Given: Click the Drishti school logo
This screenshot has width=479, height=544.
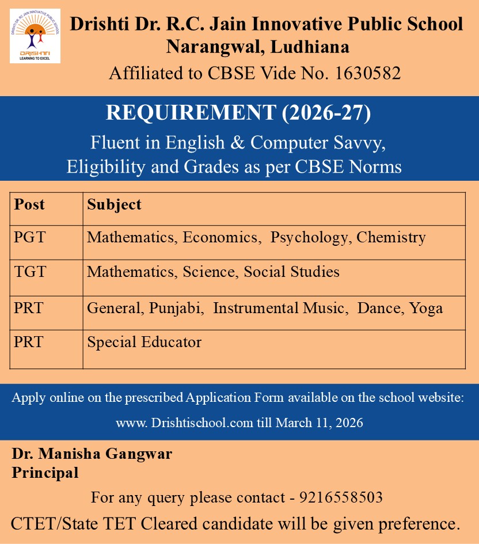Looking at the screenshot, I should tap(35, 36).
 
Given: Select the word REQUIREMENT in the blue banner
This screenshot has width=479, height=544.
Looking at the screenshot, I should tap(191, 113).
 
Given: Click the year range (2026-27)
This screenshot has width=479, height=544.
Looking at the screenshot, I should tap(326, 113).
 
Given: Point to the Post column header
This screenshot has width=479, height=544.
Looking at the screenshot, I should tap(29, 204).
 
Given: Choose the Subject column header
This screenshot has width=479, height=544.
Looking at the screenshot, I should tap(114, 204).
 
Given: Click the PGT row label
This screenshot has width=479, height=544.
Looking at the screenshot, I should tap(29, 237).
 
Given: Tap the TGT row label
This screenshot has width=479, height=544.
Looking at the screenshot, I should tap(29, 272).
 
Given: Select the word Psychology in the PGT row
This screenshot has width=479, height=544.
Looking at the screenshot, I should tap(311, 237).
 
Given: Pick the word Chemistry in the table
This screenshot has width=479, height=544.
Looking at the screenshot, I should tap(391, 237).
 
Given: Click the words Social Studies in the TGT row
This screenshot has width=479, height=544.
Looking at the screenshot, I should tap(292, 272).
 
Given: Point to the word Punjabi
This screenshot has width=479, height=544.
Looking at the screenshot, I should tap(177, 308).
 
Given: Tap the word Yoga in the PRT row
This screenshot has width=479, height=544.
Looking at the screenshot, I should tap(426, 308).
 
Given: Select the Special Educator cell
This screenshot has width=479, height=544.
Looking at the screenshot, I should tap(144, 343).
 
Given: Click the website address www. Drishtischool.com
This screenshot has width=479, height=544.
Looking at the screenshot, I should tap(184, 423).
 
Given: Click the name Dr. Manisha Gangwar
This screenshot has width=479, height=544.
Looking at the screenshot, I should tap(92, 454).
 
